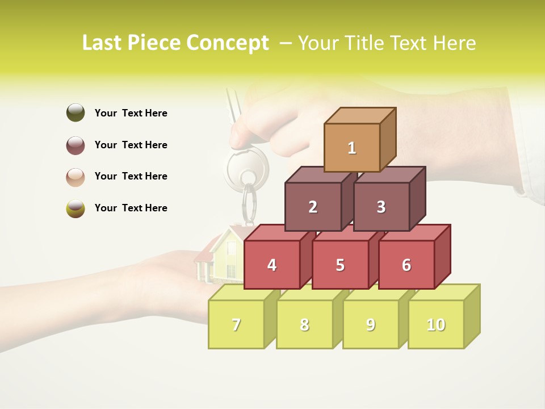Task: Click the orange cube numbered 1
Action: click(352, 148)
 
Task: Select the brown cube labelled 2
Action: click(313, 207)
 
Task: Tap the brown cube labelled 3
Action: click(381, 207)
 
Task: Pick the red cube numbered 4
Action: click(272, 265)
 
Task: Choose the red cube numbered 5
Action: click(340, 265)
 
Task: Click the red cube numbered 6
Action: click(406, 265)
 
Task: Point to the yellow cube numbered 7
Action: click(236, 324)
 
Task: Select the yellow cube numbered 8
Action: click(304, 324)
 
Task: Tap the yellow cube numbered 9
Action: click(371, 324)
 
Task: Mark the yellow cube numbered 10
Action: click(436, 324)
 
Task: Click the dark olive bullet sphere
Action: click(76, 112)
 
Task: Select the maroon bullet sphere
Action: click(76, 145)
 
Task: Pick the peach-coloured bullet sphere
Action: click(76, 177)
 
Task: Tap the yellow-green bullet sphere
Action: click(76, 208)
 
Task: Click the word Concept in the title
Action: click(227, 43)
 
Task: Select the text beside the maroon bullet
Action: click(131, 145)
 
